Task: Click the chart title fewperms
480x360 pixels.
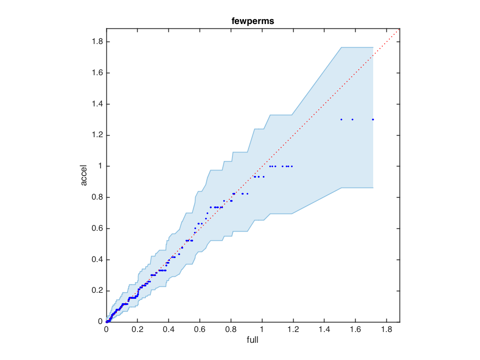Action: [x=253, y=22]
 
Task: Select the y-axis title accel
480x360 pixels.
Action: [x=84, y=175]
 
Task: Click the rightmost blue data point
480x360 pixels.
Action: [x=373, y=119]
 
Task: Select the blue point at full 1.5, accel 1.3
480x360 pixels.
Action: [x=341, y=119]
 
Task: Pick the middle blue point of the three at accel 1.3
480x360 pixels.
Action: [x=352, y=119]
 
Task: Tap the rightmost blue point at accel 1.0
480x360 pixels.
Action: [x=292, y=166]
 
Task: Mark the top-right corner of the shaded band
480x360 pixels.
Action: [x=373, y=47]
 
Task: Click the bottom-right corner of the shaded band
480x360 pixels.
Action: [x=373, y=188]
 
